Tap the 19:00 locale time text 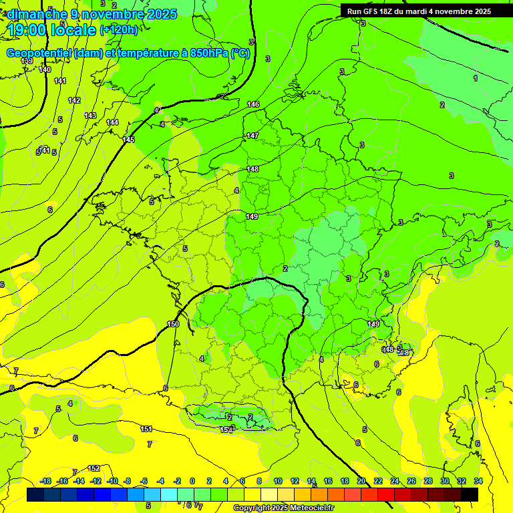coord(51,30)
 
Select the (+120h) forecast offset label coord(119,30)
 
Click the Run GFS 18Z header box coord(416,11)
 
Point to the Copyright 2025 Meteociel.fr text coord(285,508)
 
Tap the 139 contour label coord(27,61)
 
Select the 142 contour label coord(74,100)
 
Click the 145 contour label coord(128,140)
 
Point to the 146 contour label coord(253,104)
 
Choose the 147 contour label coord(252,136)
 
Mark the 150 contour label coord(173,324)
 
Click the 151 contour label coord(146,429)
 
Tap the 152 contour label coord(94,468)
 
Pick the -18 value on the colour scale coord(45,482)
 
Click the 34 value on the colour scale coord(478,482)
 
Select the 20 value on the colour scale coord(361,482)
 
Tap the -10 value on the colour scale coord(112,482)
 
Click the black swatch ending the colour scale coord(470,494)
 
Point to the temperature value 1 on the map coord(476,79)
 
